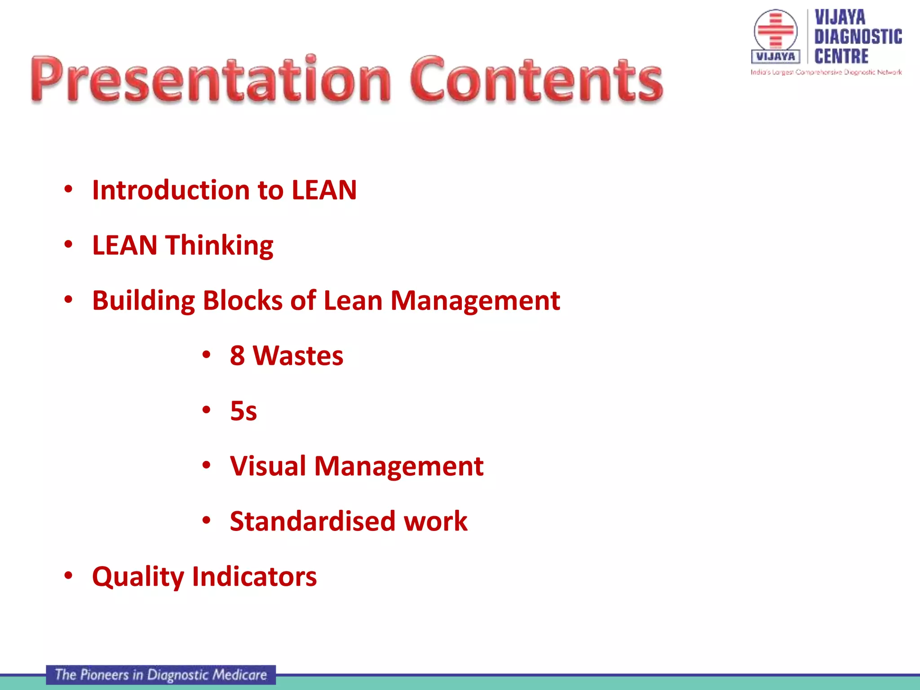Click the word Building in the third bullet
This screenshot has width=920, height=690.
pos(143,301)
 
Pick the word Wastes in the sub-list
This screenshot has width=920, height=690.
pos(298,356)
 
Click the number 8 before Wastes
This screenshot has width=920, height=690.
pos(237,356)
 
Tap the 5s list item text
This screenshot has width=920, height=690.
pos(243,411)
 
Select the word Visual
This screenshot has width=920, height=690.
pos(268,466)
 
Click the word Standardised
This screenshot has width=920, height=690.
pos(312,521)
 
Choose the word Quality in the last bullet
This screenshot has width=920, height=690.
pos(138,577)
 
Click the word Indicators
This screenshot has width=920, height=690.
pos(254,576)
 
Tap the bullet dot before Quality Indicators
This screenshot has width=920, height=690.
pos(68,575)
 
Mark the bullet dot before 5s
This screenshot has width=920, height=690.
pos(206,410)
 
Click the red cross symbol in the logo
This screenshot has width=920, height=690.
pos(775,30)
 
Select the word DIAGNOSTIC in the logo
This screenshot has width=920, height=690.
pos(858,37)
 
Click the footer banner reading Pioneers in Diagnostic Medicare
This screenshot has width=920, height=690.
pos(161,675)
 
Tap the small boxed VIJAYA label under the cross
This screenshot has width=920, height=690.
pos(775,57)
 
